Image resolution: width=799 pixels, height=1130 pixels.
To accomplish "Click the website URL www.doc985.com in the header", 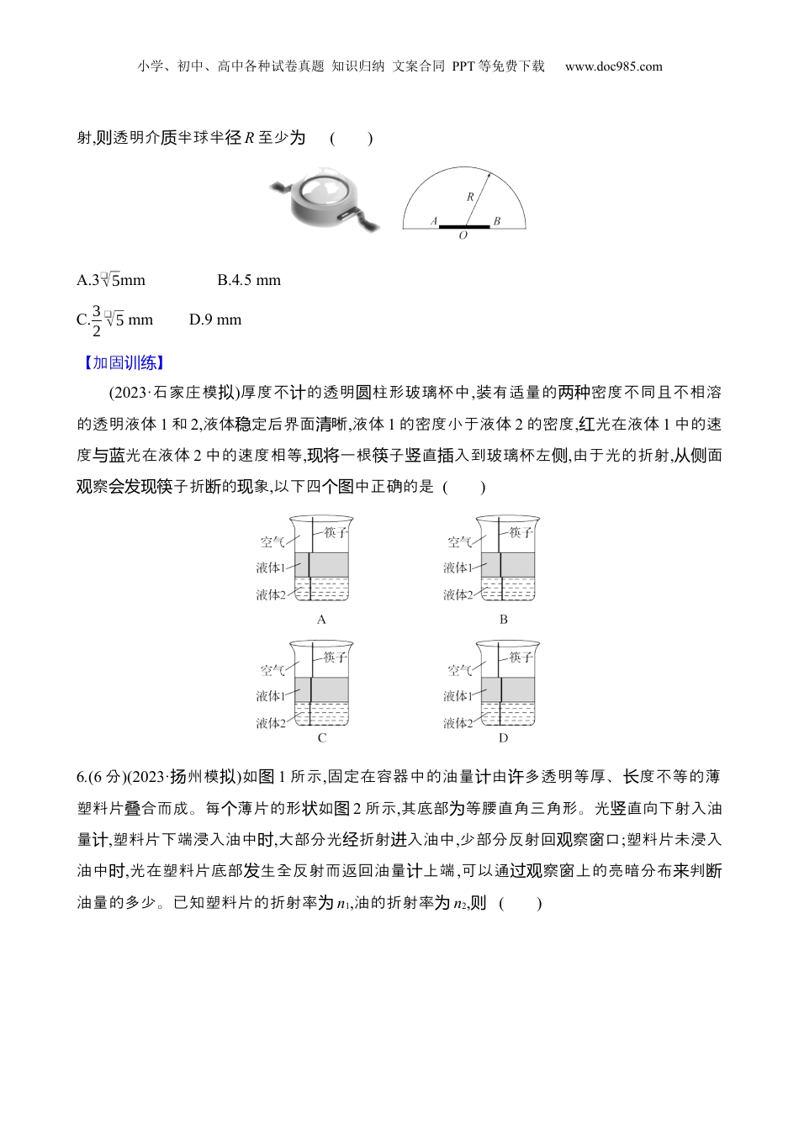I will tap(613, 66).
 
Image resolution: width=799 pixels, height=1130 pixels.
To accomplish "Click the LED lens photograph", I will tap(325, 202).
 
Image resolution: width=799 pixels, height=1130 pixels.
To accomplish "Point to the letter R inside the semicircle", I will tap(470, 197).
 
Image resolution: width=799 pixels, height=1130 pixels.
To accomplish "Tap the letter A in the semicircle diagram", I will tap(434, 221).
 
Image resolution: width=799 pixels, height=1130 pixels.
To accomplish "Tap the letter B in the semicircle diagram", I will tap(497, 221).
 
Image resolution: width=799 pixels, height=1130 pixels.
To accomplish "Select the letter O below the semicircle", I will tap(463, 236).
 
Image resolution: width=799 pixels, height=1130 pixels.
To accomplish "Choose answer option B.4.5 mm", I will tap(249, 280).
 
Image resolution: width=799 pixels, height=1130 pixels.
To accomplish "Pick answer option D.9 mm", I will tap(215, 319).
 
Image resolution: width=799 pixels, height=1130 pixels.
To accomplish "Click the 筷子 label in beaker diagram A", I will tap(335, 532).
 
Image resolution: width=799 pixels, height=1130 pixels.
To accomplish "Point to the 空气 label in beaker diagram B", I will tap(459, 542).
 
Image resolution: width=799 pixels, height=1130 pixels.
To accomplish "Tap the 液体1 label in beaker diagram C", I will tap(271, 696).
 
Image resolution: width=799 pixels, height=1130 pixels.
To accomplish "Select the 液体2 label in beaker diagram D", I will tap(458, 723).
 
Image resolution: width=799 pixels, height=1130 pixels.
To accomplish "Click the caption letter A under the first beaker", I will tap(321, 620).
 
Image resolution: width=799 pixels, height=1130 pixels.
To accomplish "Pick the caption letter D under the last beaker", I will tap(503, 738).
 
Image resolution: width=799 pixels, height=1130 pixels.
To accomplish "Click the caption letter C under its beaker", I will tap(321, 738).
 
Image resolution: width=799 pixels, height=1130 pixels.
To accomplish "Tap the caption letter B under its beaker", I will tap(503, 620).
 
